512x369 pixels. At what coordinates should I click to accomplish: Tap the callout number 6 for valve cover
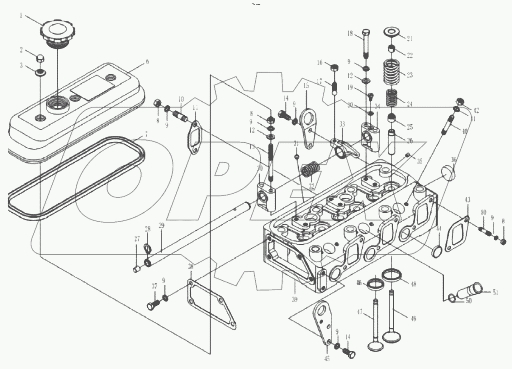click(147, 62)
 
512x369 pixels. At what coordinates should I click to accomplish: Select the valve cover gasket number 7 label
click(146, 134)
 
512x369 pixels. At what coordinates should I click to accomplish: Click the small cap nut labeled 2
click(40, 59)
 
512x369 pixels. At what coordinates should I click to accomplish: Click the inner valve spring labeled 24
click(393, 98)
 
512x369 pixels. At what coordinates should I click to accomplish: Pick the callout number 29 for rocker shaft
click(161, 225)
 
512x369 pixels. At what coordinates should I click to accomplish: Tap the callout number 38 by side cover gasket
click(191, 267)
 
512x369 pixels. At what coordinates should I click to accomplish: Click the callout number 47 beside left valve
click(360, 312)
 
